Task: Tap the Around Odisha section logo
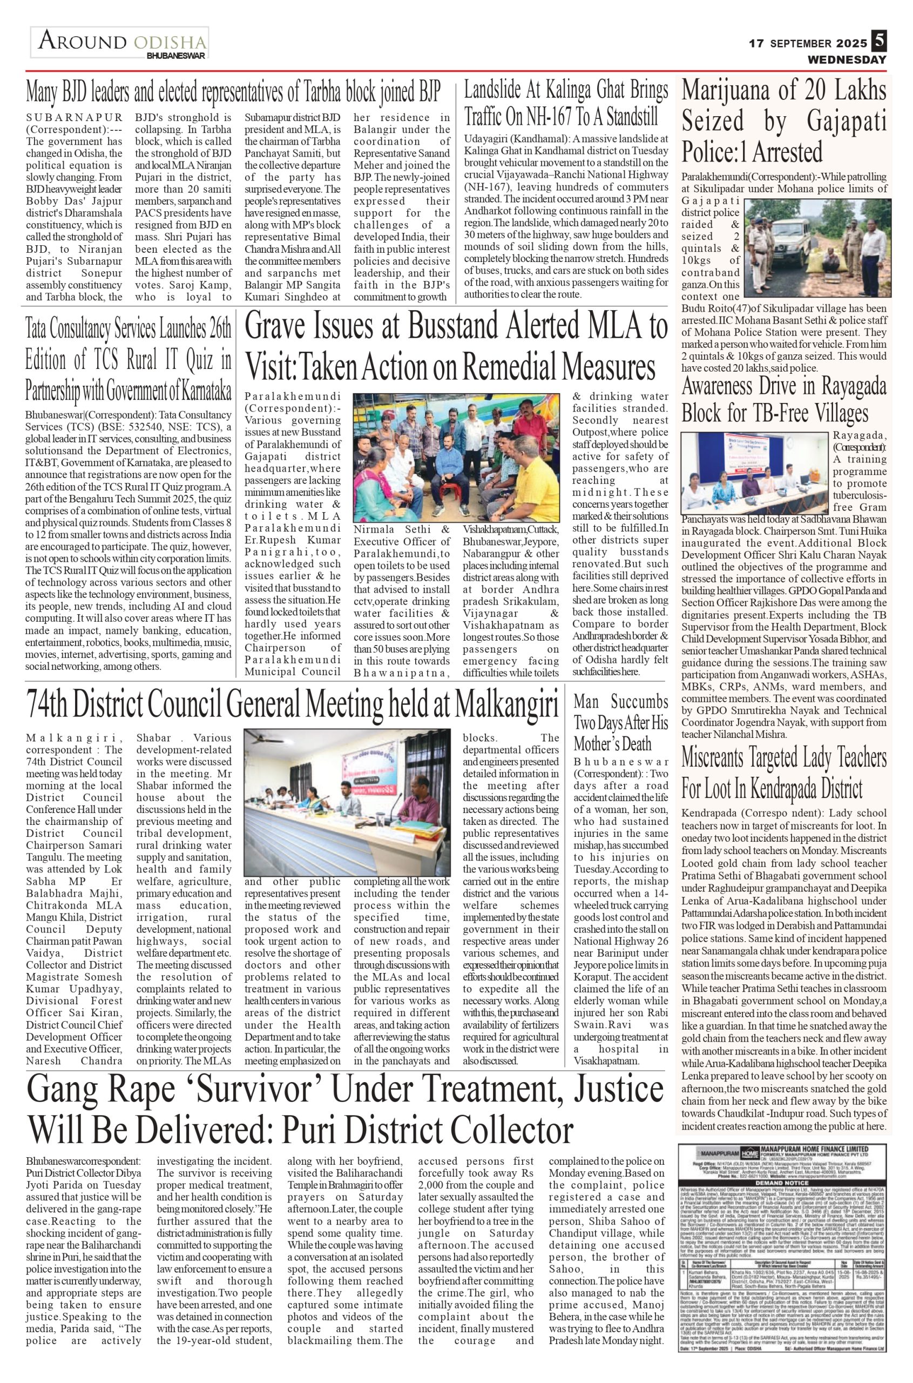120,43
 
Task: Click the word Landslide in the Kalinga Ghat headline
497,91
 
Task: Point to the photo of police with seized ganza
814,246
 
